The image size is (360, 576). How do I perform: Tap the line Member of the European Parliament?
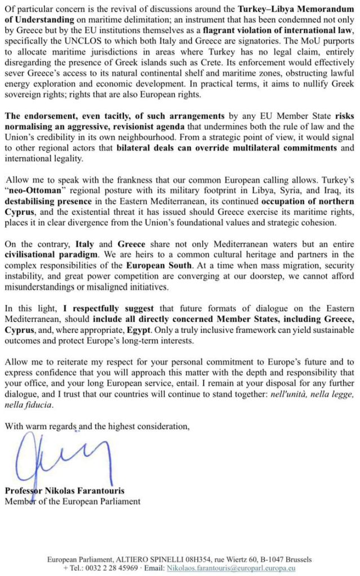[x=73, y=501]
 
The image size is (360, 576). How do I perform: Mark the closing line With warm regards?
[x=97, y=426]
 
